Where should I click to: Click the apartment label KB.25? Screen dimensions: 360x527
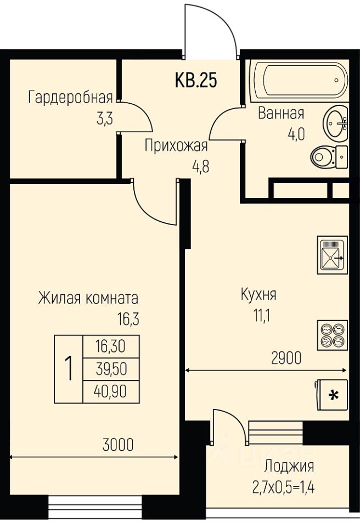tap(196, 80)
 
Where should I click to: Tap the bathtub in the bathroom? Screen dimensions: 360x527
tap(301, 81)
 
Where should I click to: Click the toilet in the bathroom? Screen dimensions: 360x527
tap(329, 157)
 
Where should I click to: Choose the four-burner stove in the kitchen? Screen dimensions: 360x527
tap(333, 335)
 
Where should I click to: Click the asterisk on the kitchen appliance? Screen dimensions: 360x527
tap(333, 396)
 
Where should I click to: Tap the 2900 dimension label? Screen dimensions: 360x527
tap(286, 358)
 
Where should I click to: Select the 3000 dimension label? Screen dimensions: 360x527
tap(118, 445)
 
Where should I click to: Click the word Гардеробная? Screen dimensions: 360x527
tap(71, 98)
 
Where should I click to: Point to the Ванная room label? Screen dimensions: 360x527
tap(281, 114)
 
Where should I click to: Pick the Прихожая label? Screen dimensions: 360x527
tap(177, 146)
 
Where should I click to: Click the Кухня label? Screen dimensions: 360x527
tap(258, 295)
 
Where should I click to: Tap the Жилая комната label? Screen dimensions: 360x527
tap(88, 298)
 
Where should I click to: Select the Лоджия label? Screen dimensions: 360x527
tap(289, 467)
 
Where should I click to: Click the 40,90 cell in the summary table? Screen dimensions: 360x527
tap(111, 391)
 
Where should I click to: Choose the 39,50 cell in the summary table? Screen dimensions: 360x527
tap(111, 369)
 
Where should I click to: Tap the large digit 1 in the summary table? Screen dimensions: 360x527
tap(69, 369)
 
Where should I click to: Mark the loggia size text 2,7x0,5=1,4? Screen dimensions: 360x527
tap(283, 487)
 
